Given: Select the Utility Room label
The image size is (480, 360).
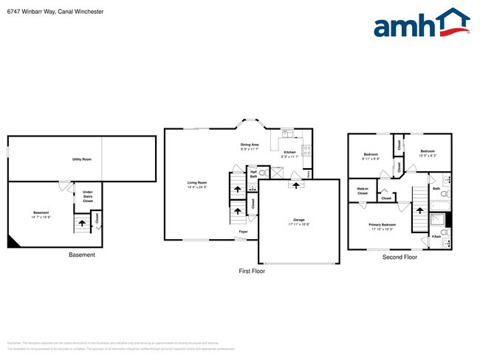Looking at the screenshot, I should [x=81, y=159].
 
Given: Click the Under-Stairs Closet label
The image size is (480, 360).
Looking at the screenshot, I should [x=87, y=196].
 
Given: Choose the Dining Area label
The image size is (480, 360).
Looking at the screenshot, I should [x=250, y=145].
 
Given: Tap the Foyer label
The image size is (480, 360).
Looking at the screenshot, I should [x=243, y=232].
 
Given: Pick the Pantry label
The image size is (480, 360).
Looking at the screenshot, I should [x=309, y=173].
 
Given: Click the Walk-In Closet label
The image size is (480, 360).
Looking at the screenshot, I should [x=363, y=191].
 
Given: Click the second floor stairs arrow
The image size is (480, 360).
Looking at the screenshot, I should [x=419, y=209].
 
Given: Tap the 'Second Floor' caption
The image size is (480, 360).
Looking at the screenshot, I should [x=400, y=257].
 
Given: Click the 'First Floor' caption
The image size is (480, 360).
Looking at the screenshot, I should [x=251, y=271].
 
